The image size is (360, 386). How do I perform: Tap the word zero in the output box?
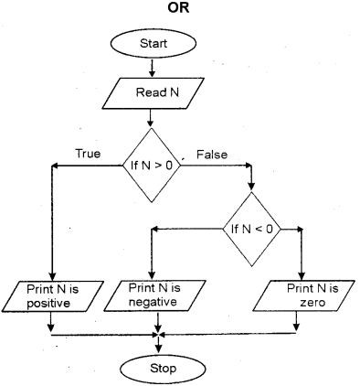tap(298, 303)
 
